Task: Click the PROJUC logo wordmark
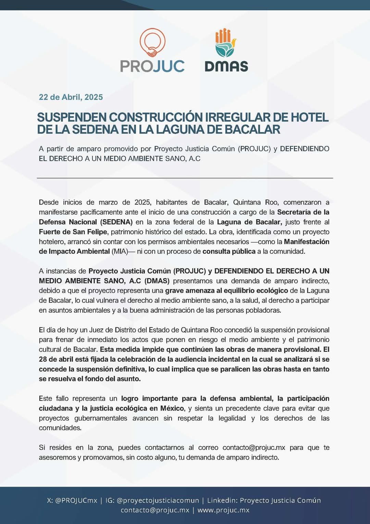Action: tap(152, 66)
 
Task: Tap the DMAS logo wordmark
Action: tap(226, 66)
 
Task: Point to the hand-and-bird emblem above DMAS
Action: tap(225, 43)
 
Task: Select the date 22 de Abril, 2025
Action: tap(71, 97)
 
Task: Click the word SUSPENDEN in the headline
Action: tap(72, 117)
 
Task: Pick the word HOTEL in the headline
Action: tap(309, 117)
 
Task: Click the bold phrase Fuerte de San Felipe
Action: tap(73, 232)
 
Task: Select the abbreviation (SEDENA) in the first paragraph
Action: tap(116, 222)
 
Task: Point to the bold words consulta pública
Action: tap(229, 251)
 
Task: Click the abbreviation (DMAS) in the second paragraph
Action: tap(157, 281)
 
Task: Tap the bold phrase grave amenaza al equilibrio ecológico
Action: tap(226, 290)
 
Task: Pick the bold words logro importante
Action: tap(149, 398)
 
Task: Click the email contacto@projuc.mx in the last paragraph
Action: tap(254, 448)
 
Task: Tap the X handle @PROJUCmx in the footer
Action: tap(76, 500)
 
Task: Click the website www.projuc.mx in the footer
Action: tap(223, 510)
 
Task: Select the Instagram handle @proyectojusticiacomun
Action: tap(158, 500)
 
